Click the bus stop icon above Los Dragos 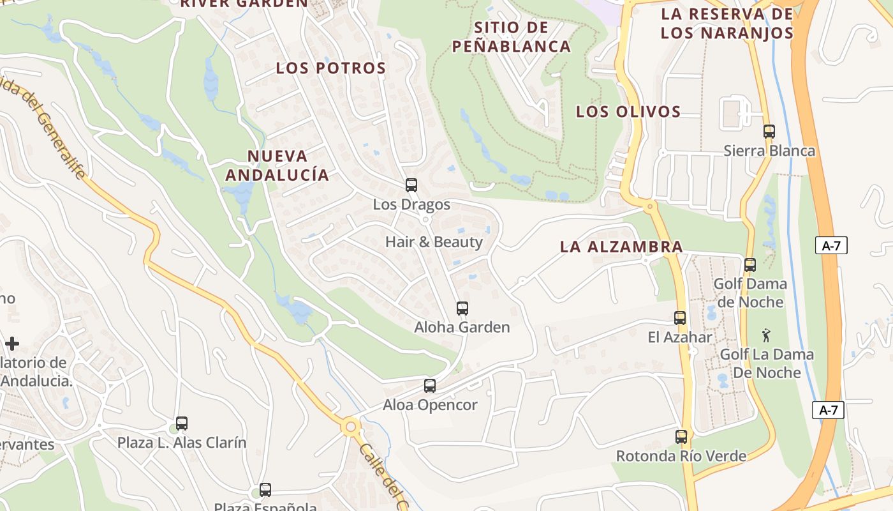point(411,185)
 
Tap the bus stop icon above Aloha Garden point(462,309)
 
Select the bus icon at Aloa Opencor point(430,386)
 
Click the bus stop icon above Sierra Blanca point(769,132)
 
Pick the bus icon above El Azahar point(680,317)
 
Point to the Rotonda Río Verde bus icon point(681,437)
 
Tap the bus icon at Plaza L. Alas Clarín point(182,423)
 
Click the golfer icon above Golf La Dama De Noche point(766,335)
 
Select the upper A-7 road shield point(831,245)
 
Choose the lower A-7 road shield point(828,410)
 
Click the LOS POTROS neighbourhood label point(331,68)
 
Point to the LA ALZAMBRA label point(621,247)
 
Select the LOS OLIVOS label point(628,112)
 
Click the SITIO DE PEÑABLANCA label point(512,37)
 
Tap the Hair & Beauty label point(434,242)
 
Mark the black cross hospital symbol point(12,344)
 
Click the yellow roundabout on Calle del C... point(350,427)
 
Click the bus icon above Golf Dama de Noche point(750,264)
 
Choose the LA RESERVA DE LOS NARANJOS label point(727,24)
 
